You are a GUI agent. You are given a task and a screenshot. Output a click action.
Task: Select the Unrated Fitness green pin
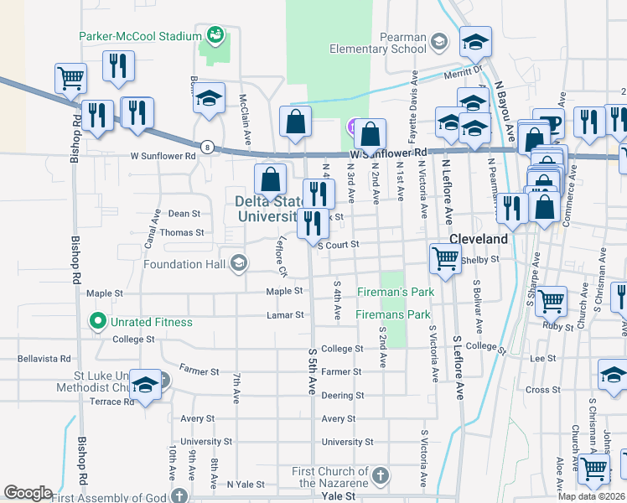coord(97,321)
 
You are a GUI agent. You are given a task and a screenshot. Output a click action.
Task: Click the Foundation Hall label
coord(185,264)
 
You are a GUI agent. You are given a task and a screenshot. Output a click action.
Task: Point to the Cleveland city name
coord(479,239)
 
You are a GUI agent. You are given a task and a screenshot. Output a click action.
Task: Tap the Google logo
coord(28,492)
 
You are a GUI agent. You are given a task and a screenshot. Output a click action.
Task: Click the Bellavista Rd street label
coord(44,358)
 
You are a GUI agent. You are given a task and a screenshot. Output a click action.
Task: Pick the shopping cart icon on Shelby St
coord(444,258)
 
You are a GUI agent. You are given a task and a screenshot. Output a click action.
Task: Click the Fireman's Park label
coord(394,291)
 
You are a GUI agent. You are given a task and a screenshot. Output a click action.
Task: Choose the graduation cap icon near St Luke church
coord(146,386)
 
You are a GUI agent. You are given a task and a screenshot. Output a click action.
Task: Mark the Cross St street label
coord(542,390)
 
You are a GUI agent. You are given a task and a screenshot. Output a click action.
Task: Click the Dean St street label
coord(184,214)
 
